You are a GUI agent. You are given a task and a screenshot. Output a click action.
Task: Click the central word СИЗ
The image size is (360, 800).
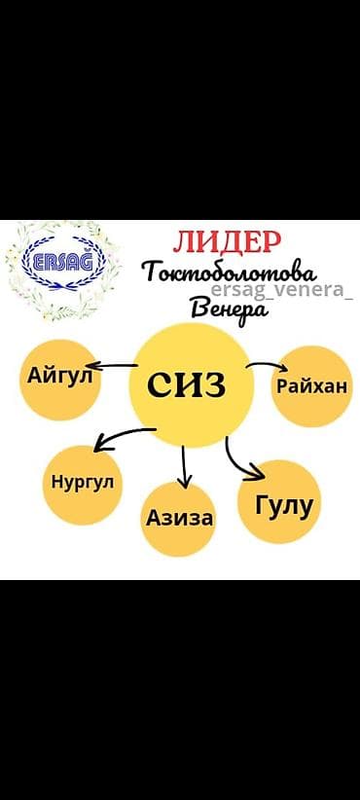[x=187, y=383]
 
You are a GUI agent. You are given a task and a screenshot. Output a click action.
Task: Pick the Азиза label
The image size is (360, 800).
[x=180, y=517]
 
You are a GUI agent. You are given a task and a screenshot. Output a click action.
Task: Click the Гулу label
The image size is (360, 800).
[x=283, y=505]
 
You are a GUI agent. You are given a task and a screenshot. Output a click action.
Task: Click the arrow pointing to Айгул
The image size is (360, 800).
[x=117, y=368]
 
